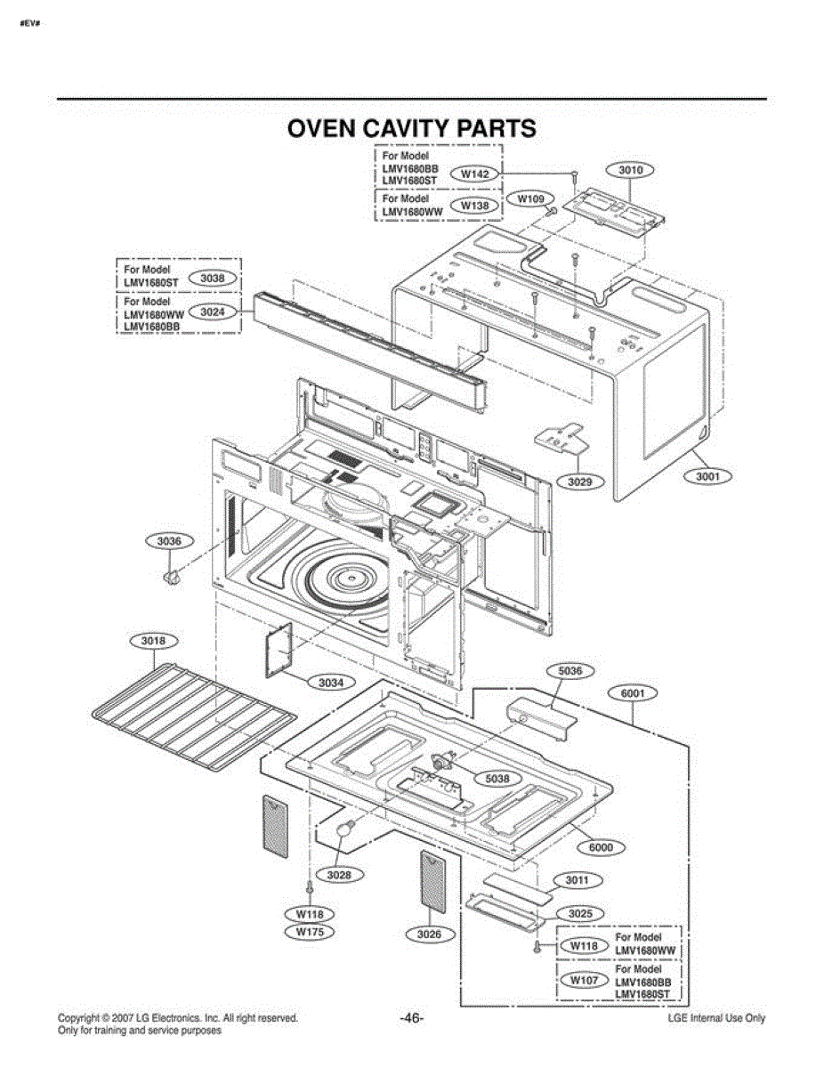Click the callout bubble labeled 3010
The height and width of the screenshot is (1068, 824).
(x=630, y=170)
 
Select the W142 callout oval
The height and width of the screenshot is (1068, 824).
(x=475, y=174)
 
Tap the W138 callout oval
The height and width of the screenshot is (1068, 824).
(x=475, y=206)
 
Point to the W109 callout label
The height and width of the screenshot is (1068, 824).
(x=531, y=199)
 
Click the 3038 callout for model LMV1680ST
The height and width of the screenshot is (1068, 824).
(x=213, y=279)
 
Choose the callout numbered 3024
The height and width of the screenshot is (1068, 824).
(x=213, y=311)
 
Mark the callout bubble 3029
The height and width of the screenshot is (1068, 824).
(x=580, y=481)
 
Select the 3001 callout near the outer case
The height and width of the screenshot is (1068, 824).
(x=708, y=476)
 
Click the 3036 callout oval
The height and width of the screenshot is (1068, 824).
(x=170, y=541)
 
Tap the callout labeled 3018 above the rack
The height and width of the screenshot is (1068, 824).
(x=154, y=641)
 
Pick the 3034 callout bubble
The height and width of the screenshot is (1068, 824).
(x=331, y=683)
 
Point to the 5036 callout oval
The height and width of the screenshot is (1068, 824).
(x=570, y=671)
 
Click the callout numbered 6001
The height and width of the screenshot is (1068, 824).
(x=633, y=693)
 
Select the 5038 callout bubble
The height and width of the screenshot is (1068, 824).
(x=497, y=779)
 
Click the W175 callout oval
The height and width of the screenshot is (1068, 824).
(x=311, y=931)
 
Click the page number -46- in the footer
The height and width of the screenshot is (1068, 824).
(x=412, y=1018)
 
